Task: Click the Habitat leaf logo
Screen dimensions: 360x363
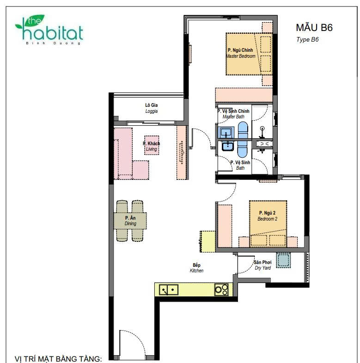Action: coord(49,30)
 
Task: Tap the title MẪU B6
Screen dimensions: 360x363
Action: coord(314,27)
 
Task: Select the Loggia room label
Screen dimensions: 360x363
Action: coord(151,108)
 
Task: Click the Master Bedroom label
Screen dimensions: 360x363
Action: coord(240,53)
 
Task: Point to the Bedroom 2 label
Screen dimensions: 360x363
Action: coord(267,216)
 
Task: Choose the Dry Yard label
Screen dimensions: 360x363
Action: coord(262,265)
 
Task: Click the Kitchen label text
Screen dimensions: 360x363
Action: coord(197,268)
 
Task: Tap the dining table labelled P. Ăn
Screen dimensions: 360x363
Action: coord(130,221)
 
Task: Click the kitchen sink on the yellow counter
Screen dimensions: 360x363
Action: coord(169,289)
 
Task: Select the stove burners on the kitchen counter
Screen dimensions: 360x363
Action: coord(221,289)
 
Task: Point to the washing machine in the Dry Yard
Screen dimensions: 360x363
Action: coord(283,260)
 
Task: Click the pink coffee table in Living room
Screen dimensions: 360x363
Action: coord(152,145)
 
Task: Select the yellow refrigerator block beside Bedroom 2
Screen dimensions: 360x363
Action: coord(208,241)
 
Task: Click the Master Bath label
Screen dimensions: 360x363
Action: coord(233,114)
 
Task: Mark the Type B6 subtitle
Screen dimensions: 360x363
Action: coord(307,40)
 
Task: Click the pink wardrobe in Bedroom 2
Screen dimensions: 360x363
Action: coord(225,226)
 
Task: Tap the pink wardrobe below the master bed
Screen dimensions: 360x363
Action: coord(244,95)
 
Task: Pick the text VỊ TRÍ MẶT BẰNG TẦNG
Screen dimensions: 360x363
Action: coord(58,358)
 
